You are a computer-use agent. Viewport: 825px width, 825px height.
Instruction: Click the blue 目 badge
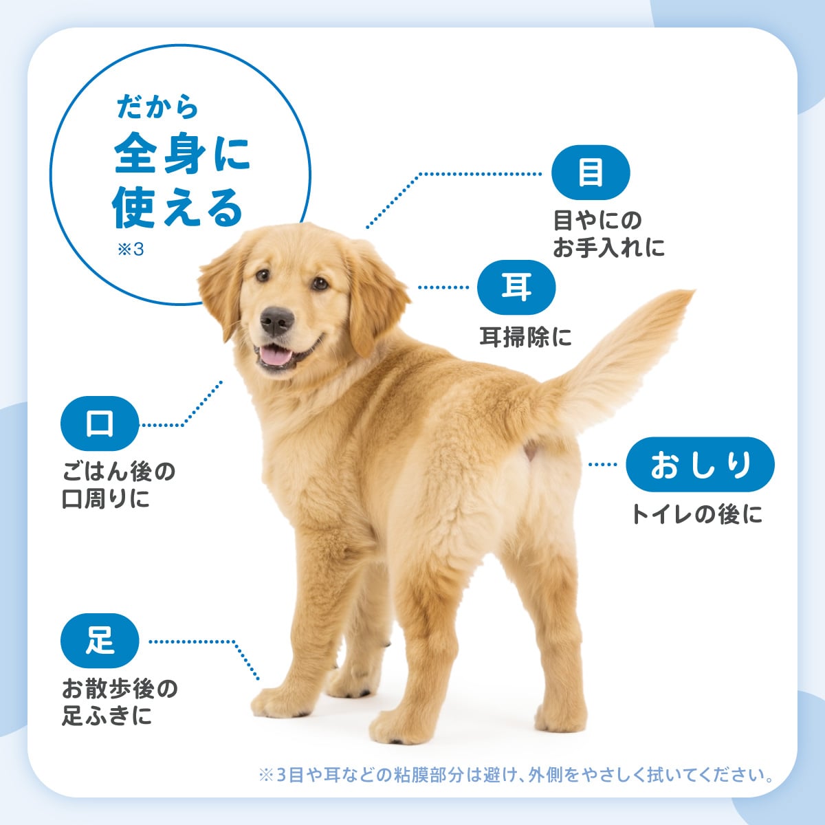[x=591, y=173]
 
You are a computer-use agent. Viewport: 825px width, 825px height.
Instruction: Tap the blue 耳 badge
[x=516, y=287]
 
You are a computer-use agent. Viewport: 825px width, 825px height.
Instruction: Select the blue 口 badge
[x=100, y=423]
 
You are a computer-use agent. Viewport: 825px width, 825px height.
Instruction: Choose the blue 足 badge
[x=100, y=641]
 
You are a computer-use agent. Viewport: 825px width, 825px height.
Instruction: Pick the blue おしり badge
[x=700, y=465]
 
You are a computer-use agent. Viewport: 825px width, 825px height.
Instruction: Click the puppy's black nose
[x=277, y=320]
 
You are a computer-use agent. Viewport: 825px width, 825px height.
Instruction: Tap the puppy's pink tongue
[x=276, y=355]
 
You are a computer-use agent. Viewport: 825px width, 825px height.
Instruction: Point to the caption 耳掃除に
[x=525, y=337]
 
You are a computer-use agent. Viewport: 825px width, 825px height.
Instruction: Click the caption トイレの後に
[x=697, y=514]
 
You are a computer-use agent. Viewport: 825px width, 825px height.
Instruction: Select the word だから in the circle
[x=157, y=106]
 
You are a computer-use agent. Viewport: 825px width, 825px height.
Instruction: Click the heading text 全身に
[x=182, y=153]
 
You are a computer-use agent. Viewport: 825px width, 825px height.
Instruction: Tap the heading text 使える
[x=177, y=208]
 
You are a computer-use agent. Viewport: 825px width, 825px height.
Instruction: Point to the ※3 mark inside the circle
[x=131, y=249]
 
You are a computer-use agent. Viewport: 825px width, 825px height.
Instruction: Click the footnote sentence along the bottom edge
[x=516, y=775]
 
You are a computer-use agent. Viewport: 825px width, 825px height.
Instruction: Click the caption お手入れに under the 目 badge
[x=609, y=247]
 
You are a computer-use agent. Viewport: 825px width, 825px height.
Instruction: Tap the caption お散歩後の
[x=120, y=688]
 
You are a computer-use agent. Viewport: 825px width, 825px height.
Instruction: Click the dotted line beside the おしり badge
[x=603, y=465]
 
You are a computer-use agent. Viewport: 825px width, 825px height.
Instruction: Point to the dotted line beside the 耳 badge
[x=443, y=287]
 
